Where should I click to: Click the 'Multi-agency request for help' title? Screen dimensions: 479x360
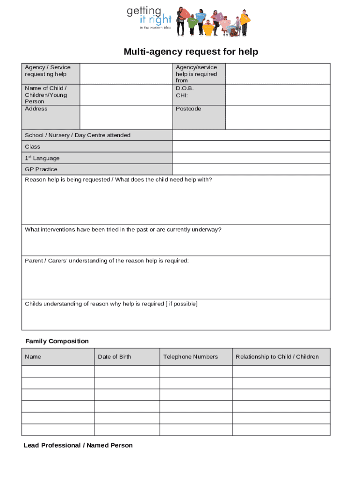tap(191, 51)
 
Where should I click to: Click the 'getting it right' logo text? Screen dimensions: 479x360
tap(149, 18)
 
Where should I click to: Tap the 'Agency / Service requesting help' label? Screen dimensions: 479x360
tap(48, 71)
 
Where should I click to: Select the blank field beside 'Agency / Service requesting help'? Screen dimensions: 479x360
tap(126, 73)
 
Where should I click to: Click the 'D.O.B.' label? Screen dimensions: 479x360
tap(185, 88)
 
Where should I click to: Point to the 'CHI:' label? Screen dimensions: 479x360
tap(182, 95)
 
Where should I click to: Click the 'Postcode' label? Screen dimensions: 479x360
tap(188, 109)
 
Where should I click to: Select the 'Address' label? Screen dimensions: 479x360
tap(36, 109)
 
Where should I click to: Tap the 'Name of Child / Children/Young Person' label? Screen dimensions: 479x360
tap(46, 94)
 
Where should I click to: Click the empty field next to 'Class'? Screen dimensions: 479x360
tap(251, 146)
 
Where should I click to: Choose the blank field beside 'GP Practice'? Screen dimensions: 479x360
tap(251, 169)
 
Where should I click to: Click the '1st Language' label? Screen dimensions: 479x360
tap(42, 158)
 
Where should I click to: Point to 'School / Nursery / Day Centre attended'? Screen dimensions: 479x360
tap(78, 135)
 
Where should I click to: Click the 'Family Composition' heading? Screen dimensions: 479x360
tap(57, 341)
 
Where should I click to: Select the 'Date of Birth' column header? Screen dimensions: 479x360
tap(115, 356)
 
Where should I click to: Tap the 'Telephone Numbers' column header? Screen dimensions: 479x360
tap(190, 356)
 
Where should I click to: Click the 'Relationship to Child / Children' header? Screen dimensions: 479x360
tap(277, 356)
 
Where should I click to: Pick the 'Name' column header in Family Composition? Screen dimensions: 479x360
tap(33, 356)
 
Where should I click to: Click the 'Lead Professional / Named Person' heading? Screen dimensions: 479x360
tap(78, 445)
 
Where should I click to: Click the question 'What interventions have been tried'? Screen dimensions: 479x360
tap(123, 230)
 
